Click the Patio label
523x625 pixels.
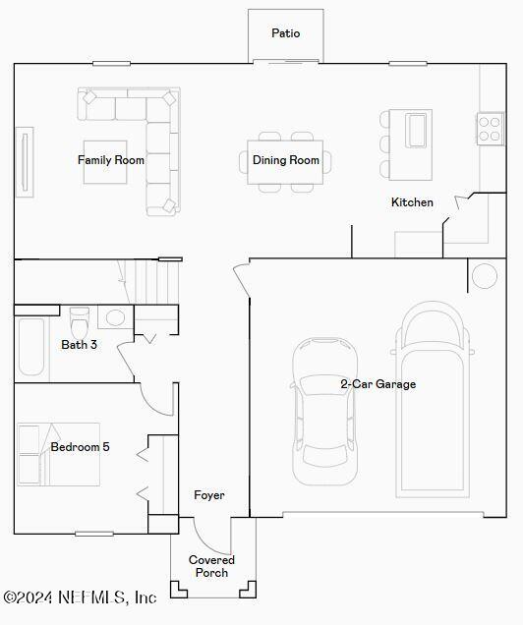286,33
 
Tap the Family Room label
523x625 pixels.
111,160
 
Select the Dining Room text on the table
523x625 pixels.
286,160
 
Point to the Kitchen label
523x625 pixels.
412,202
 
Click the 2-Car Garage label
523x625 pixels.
378,384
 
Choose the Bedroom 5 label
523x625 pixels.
80,447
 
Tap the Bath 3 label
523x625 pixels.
79,345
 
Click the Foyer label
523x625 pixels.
208,495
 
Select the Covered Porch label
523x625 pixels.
211,566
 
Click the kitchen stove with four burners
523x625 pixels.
490,129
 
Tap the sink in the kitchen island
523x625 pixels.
417,130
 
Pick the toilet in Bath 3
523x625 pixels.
81,319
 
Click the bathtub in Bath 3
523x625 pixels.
31,348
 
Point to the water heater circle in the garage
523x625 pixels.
484,276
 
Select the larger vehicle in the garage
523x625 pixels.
433,398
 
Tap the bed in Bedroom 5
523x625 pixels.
59,454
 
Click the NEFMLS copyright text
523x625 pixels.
81,597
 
